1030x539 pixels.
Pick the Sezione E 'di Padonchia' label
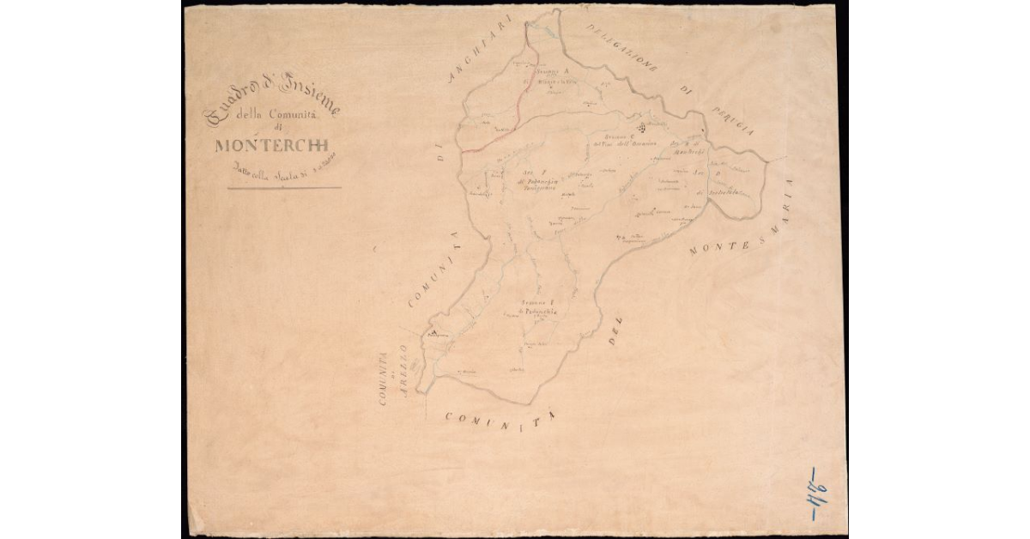point(539,308)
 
